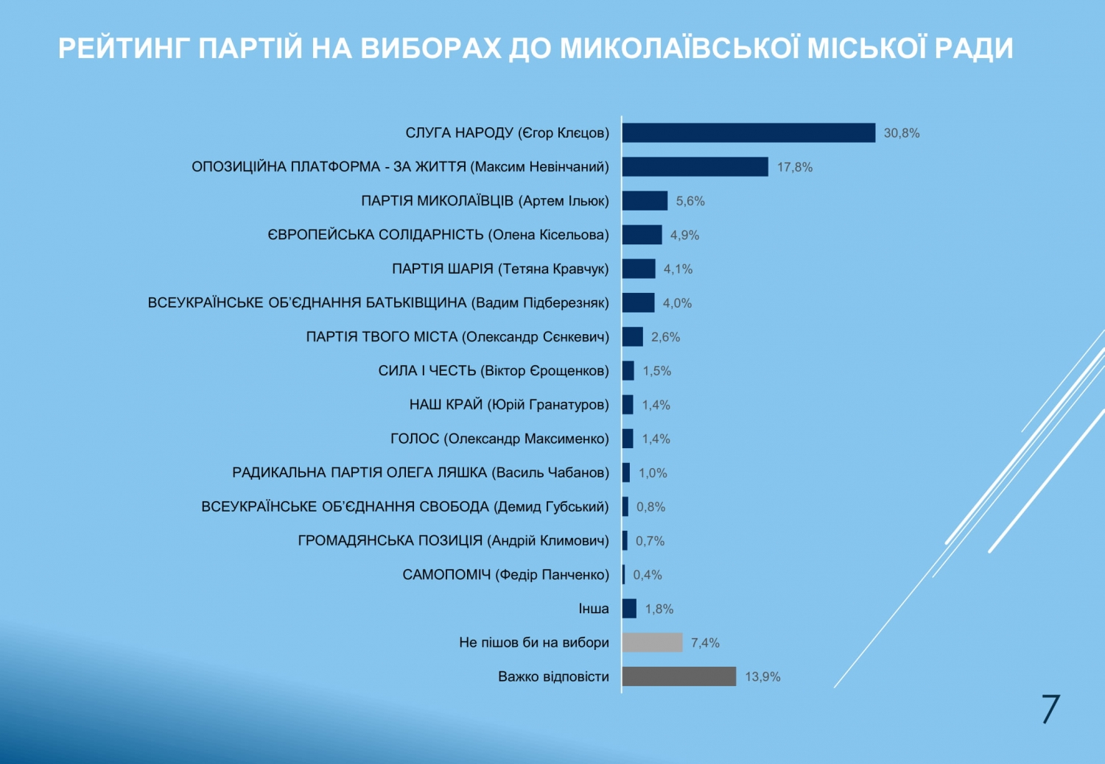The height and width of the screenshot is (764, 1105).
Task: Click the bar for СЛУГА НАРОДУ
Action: [x=748, y=132]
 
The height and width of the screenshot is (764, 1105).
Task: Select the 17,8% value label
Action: [x=795, y=167]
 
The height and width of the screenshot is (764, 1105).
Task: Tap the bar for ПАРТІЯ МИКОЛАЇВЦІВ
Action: [x=645, y=201]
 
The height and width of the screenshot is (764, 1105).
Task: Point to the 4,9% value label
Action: [x=684, y=236]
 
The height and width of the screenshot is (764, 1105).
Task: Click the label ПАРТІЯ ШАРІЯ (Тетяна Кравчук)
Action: [x=500, y=269]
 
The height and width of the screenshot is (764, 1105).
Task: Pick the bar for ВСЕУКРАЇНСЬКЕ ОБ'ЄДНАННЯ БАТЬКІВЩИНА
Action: [x=638, y=303]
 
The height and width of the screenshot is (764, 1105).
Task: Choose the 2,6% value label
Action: [x=665, y=337]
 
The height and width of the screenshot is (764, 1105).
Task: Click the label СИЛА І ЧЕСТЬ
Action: [x=494, y=371]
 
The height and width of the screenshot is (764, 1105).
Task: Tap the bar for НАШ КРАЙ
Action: [x=628, y=405]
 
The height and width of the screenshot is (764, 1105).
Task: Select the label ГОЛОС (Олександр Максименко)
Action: [x=499, y=439]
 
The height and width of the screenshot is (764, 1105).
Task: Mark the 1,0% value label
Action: [x=653, y=473]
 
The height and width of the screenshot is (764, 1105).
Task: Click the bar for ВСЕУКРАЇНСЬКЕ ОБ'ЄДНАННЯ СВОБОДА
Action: [x=625, y=506]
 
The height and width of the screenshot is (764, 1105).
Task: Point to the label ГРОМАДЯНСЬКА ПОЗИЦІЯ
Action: [x=453, y=541]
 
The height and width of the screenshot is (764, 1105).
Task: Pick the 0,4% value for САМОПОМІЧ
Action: [x=648, y=575]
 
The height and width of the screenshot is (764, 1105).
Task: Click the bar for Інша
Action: [x=629, y=609]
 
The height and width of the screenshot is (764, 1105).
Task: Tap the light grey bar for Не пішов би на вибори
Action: [x=652, y=643]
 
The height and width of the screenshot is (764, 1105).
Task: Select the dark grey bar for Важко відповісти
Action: [x=678, y=676]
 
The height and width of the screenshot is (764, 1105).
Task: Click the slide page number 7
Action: [x=1050, y=710]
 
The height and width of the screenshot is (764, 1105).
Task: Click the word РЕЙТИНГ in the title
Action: [x=124, y=49]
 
